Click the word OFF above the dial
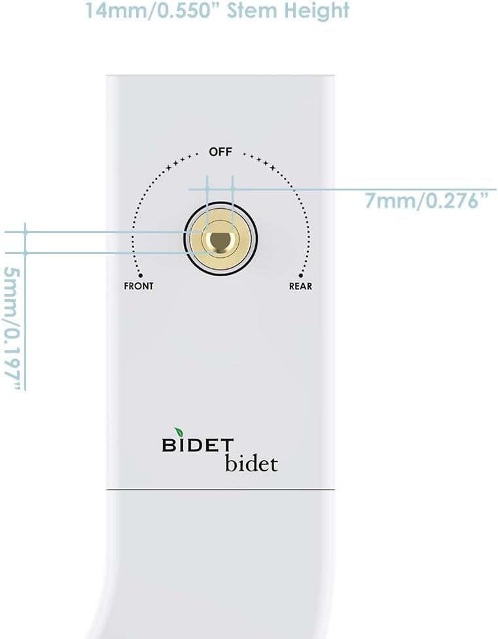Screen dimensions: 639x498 click(x=221, y=152)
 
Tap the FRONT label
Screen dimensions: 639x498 click(x=139, y=286)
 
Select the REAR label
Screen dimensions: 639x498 click(x=300, y=286)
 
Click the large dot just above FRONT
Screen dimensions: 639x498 click(x=140, y=276)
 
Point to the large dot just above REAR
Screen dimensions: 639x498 click(x=301, y=276)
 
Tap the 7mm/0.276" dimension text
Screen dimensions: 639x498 click(x=427, y=201)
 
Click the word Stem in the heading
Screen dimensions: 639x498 click(x=256, y=10)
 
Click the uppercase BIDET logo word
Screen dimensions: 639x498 click(x=193, y=445)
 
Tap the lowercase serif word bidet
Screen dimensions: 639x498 click(x=251, y=463)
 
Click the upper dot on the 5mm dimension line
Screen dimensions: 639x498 click(x=26, y=232)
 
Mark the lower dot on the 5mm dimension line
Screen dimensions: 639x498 click(x=26, y=253)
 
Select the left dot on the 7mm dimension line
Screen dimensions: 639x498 click(x=207, y=189)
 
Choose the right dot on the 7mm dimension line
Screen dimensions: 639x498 click(x=233, y=189)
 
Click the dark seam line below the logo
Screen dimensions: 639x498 click(x=221, y=490)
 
